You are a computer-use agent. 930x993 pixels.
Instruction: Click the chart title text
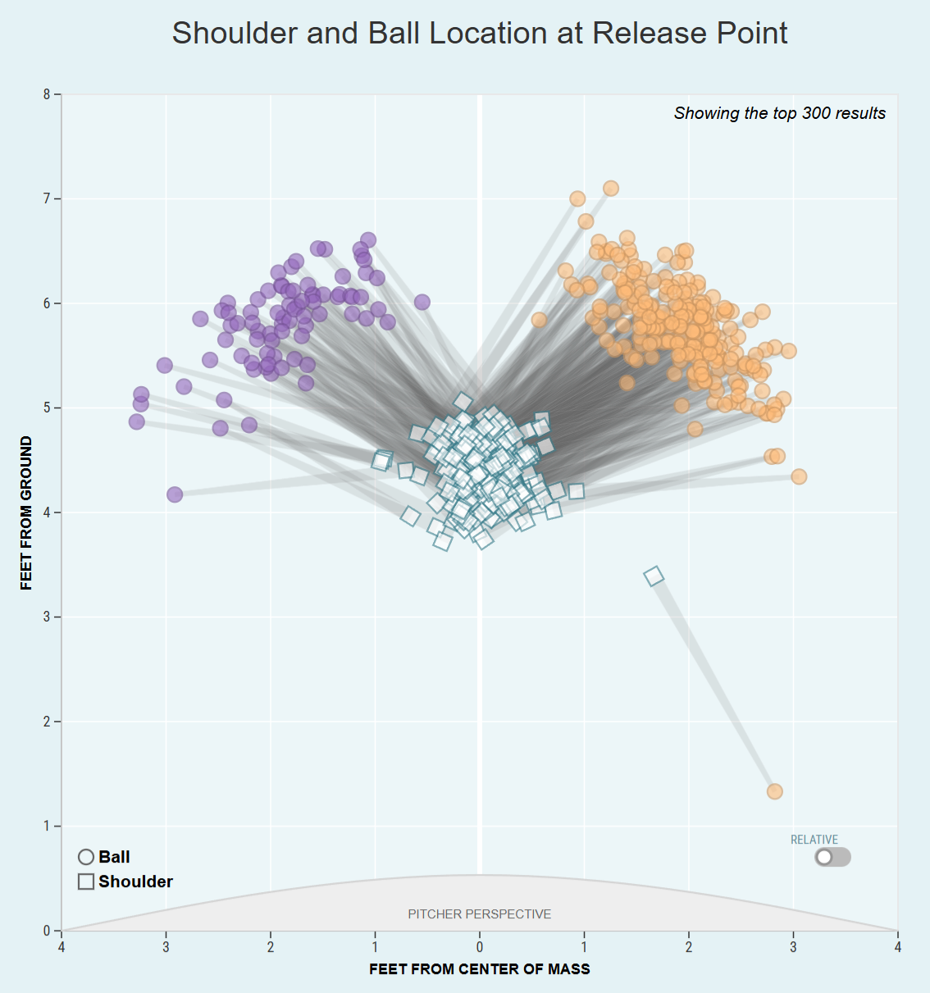[479, 34]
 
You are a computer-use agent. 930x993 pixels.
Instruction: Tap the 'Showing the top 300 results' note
[779, 113]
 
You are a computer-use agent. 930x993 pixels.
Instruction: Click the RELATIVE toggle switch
[832, 857]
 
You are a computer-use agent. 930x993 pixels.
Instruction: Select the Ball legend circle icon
[86, 857]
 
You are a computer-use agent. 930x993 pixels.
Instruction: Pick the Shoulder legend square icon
[86, 881]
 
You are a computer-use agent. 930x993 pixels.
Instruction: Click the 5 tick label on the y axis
[47, 408]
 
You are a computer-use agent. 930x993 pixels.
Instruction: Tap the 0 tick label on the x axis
[480, 947]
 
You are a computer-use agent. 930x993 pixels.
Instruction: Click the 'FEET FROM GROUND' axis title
[26, 512]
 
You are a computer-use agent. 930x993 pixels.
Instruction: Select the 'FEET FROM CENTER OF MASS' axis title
[479, 969]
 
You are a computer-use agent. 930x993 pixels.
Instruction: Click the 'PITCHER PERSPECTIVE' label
[479, 913]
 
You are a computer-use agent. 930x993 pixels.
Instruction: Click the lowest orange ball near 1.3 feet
[774, 791]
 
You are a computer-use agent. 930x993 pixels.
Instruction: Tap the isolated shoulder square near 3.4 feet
[654, 576]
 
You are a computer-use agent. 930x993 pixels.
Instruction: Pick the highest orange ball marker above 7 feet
[611, 189]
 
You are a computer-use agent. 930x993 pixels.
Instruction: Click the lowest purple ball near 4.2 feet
[175, 494]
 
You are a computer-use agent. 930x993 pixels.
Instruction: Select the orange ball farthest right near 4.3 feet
[799, 476]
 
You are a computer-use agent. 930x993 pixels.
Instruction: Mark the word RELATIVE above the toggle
[814, 840]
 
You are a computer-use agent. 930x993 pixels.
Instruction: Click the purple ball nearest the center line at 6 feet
[422, 303]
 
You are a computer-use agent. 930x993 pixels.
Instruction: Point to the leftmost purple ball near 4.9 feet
[137, 421]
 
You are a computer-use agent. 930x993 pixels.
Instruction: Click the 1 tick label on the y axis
[47, 826]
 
